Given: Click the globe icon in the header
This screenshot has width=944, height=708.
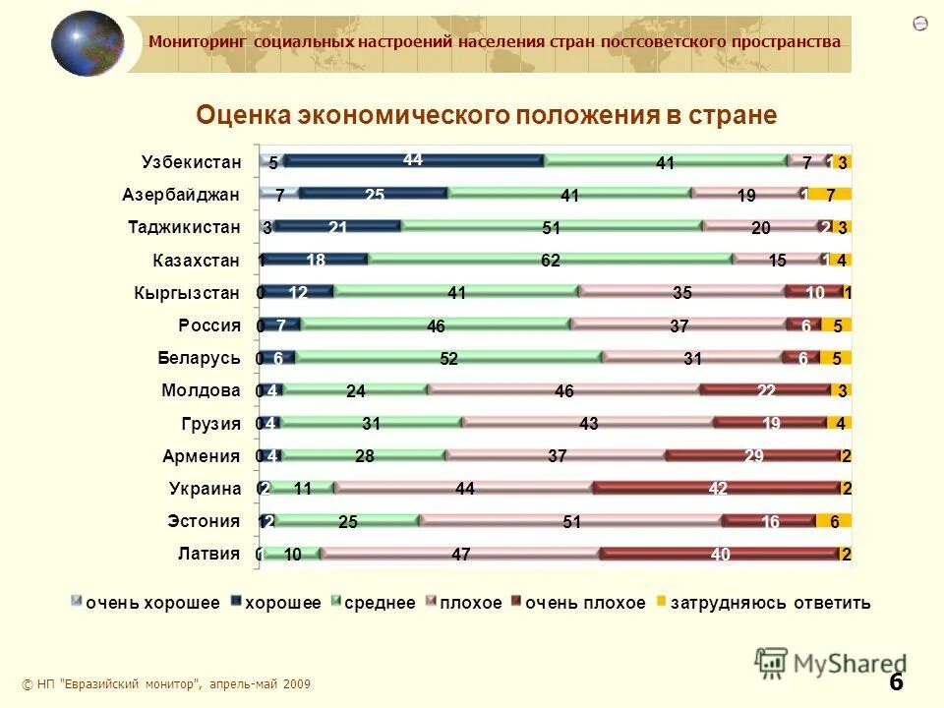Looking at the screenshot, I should [88, 43].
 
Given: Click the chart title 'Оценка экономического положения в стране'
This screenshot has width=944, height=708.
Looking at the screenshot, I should [487, 116].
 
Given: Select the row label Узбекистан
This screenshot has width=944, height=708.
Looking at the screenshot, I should [191, 161].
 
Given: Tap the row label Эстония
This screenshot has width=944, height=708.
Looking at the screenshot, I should [203, 521].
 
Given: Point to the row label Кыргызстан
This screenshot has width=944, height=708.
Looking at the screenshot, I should [187, 292].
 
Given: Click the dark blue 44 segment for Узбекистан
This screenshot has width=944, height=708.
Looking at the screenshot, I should [413, 160].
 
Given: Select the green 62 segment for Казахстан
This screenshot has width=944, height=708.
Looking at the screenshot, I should [550, 260].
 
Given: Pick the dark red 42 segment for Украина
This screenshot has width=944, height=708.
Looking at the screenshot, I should [717, 489].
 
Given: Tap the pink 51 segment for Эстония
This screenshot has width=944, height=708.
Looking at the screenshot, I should [571, 521].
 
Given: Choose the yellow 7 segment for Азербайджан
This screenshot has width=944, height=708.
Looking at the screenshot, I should [830, 195].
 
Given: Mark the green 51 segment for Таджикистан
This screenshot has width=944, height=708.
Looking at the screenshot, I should [551, 227].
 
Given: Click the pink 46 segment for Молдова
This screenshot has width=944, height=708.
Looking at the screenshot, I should [563, 390].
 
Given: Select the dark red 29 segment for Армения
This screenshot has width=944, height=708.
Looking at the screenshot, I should [751, 455].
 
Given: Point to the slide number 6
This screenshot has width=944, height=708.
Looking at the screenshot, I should [896, 681].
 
